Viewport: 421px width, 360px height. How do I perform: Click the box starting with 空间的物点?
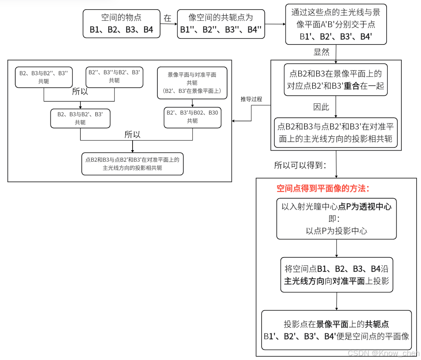(121, 24)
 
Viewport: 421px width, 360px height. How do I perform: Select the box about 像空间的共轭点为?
(221, 24)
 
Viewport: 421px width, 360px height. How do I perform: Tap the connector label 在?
(167, 18)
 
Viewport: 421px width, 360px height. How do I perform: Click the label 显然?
(321, 52)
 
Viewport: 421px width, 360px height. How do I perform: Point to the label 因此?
(321, 107)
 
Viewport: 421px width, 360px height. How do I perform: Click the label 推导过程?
(251, 99)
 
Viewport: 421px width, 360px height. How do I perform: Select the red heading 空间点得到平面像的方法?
(323, 189)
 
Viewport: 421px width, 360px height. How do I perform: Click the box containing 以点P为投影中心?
(336, 219)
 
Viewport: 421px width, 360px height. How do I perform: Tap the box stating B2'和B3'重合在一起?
(336, 80)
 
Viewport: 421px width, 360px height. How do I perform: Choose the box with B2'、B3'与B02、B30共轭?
(192, 117)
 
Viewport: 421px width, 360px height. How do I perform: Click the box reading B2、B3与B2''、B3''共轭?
(44, 77)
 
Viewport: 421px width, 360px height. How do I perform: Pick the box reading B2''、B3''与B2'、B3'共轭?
(114, 77)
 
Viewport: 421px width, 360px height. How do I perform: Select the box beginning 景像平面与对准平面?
(192, 83)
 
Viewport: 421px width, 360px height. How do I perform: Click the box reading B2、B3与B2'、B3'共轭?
(80, 118)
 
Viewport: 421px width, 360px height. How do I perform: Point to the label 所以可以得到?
(300, 165)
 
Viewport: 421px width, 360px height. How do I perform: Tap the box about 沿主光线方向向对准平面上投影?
(336, 275)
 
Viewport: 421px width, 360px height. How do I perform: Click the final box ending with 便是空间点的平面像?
(336, 330)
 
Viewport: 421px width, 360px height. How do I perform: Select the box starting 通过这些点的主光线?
(336, 24)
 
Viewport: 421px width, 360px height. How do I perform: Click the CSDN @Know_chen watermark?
(383, 353)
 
